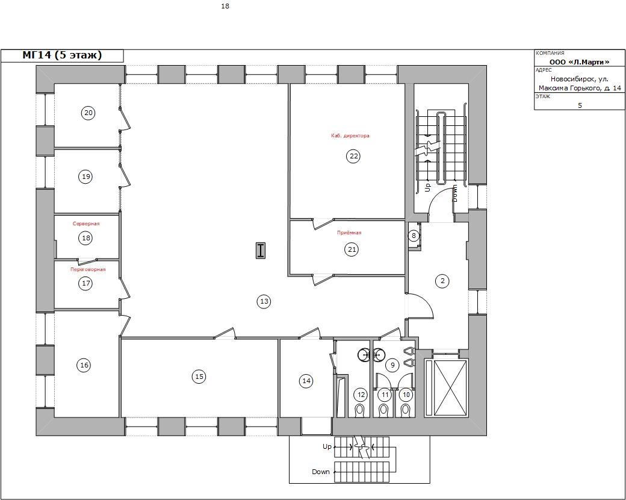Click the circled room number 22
pos(354,156)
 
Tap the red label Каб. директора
pos(350,136)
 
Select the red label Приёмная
pos(349,233)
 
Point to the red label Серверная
pos(86,223)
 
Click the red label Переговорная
pos(88,269)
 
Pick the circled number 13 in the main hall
pos(264,301)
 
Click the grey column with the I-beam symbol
pos(261,250)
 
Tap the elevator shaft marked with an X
pos(446,388)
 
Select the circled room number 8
pos(413,236)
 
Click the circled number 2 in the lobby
pos(442,281)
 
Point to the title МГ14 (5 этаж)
pos(62,55)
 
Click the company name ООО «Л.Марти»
pos(579,62)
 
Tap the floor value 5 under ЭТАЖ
pos(580,105)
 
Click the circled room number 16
pos(84,365)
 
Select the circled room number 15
pos(199,376)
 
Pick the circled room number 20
pos(88,113)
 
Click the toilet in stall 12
pos(361,410)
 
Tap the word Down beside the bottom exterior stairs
pos(321,472)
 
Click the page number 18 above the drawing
pos(225,7)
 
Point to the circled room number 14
pos(306,381)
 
